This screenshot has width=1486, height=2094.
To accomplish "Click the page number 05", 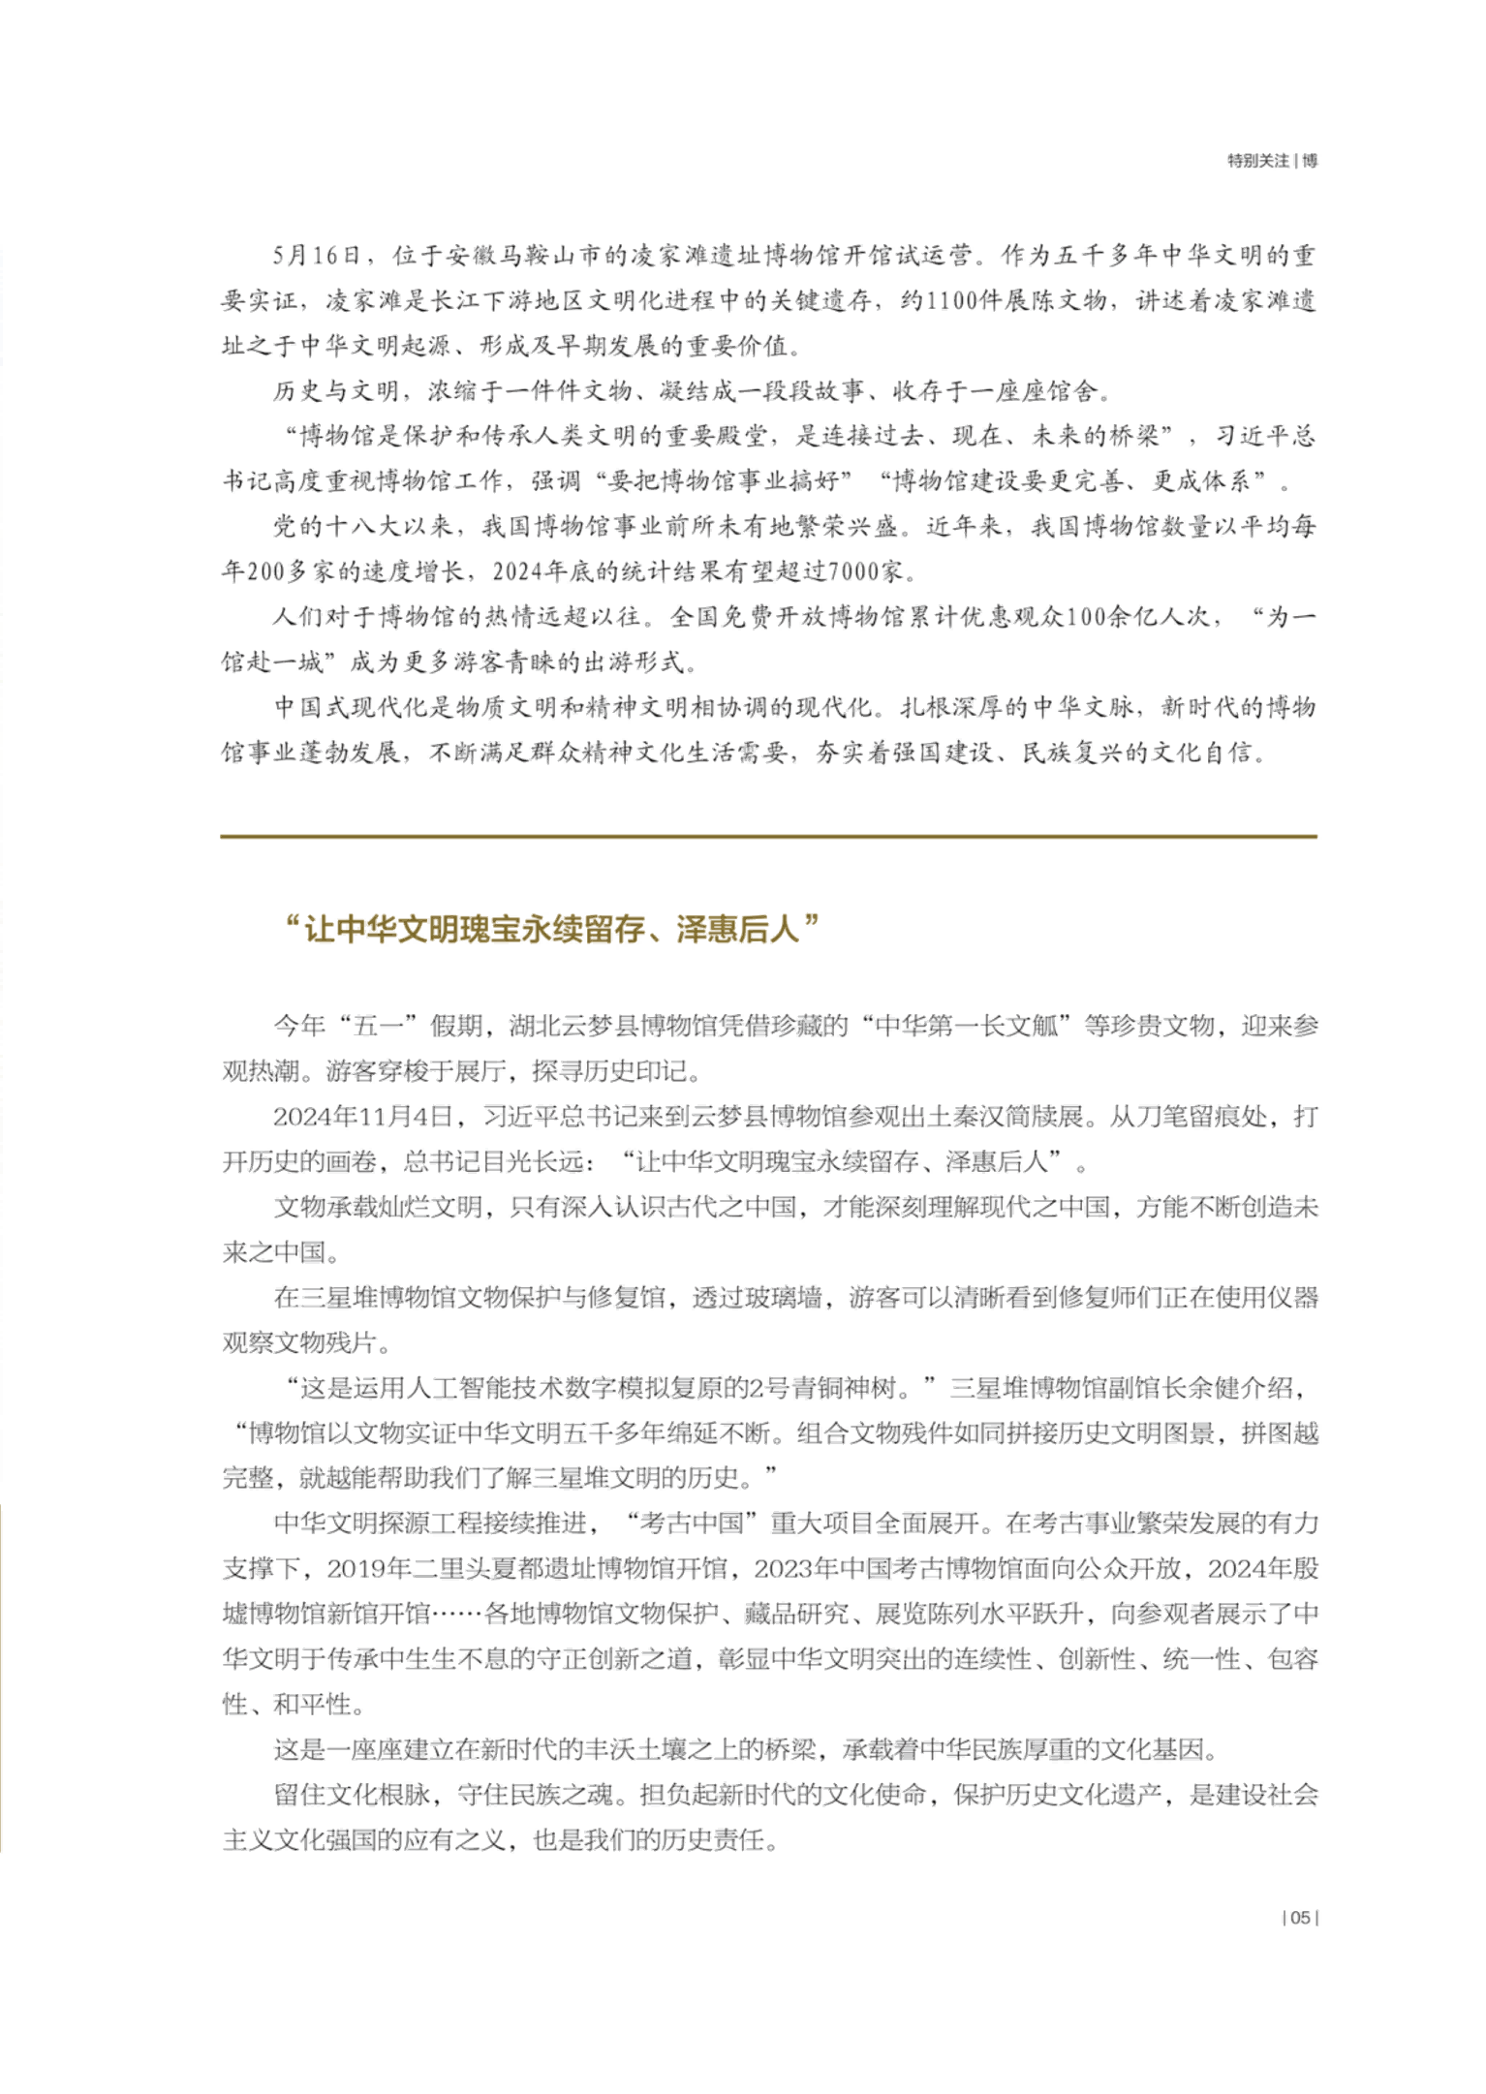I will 1300,1917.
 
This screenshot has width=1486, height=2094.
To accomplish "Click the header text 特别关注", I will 1257,161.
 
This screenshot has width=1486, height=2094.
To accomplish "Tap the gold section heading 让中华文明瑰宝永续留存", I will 552,929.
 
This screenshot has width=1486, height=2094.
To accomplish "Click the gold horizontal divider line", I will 768,835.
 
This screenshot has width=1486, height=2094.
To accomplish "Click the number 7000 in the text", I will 852,571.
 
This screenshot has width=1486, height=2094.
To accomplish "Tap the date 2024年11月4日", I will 363,1117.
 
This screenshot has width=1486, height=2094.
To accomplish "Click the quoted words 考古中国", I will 692,1524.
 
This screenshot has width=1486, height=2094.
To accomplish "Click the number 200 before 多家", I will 265,571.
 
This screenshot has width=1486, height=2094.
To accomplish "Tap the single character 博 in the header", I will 1310,161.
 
